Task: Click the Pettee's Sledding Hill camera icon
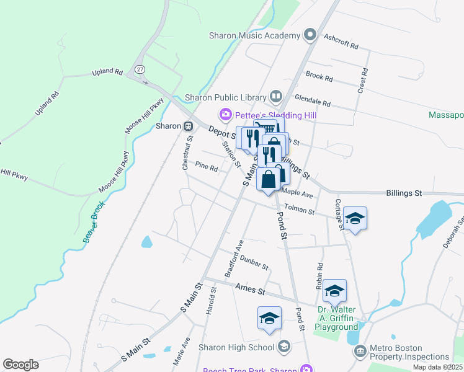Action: [225, 115]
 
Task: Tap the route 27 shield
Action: [141, 69]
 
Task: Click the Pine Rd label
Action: [207, 167]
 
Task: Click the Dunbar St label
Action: [254, 262]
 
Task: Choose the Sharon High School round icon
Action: [284, 346]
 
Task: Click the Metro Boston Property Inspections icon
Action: [360, 352]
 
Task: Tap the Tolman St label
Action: [299, 210]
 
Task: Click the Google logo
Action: [20, 365]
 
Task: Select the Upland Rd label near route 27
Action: [107, 73]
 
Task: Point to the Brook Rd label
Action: [319, 77]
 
